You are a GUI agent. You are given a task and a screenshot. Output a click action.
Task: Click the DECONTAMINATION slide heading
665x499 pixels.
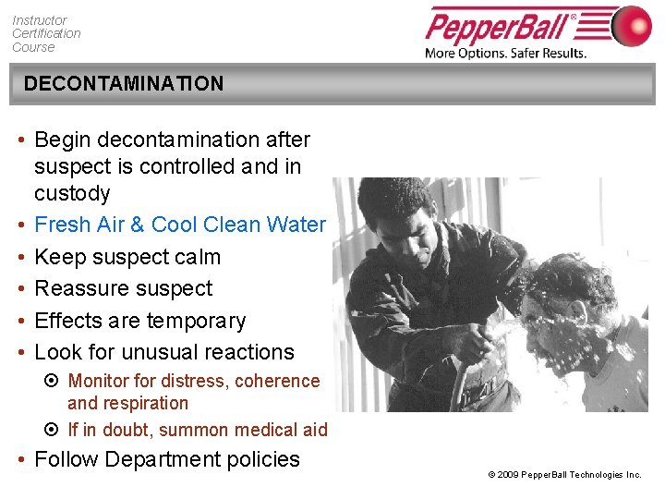123,83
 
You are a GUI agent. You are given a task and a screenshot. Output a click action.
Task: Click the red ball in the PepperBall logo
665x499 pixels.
631,26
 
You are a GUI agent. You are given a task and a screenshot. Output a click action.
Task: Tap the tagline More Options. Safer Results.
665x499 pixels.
505,53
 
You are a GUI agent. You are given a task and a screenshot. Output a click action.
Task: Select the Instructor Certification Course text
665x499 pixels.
46,33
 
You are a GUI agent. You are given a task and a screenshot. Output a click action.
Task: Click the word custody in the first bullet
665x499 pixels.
72,193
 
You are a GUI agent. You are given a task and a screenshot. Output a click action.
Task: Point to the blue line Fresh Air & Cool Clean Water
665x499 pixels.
179,225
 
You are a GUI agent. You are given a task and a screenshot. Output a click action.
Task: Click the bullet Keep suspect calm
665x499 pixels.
127,257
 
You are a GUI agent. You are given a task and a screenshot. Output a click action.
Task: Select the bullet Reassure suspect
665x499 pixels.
123,288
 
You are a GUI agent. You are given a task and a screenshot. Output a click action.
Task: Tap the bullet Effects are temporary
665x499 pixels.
139,321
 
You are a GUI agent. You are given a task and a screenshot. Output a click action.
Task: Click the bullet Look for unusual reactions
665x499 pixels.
163,352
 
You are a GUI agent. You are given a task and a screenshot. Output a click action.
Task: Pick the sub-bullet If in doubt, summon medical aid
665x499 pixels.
197,430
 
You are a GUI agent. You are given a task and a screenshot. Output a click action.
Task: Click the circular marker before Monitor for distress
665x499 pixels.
53,381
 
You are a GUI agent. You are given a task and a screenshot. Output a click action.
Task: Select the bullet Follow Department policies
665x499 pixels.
166,459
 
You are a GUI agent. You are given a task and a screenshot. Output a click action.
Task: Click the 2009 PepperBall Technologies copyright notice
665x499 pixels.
564,474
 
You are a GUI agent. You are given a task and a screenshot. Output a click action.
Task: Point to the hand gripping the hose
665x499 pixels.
478,344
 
